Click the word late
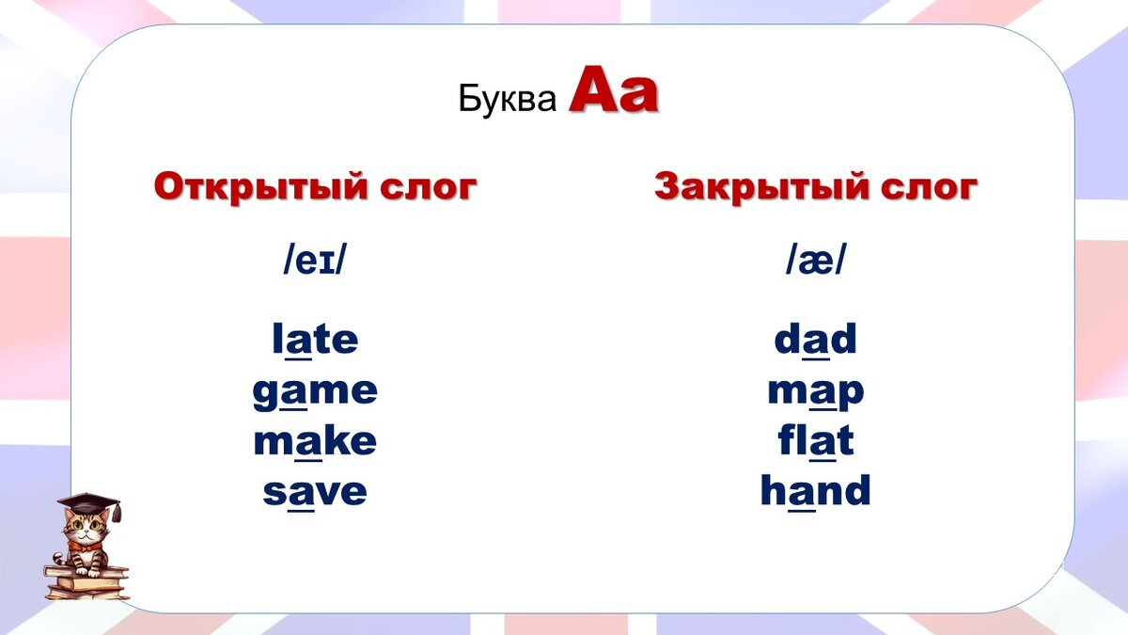(315, 340)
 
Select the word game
(315, 391)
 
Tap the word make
(315, 441)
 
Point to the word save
(315, 491)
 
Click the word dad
(815, 340)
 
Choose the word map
(815, 391)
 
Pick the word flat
(815, 441)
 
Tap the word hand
(815, 491)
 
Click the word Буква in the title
(508, 99)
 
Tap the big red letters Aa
(613, 92)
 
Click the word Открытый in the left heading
(259, 186)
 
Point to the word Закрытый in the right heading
(760, 186)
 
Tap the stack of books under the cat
(86, 581)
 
